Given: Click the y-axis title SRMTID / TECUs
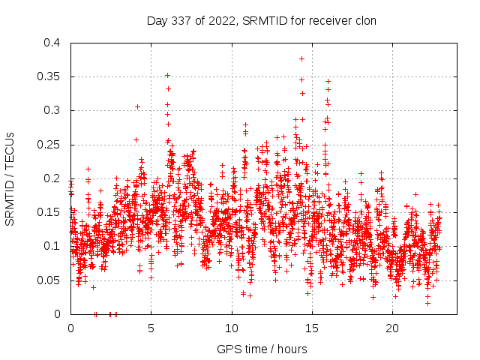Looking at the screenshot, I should (x=10, y=178).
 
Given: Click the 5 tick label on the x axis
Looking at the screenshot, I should (x=151, y=328).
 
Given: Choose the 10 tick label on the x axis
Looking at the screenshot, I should (x=232, y=328).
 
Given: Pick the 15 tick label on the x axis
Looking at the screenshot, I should (x=312, y=328).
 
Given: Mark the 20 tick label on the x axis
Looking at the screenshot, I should (x=392, y=328).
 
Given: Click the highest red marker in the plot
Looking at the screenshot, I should (x=301, y=58).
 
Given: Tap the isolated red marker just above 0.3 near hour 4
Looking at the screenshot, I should (x=137, y=106).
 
